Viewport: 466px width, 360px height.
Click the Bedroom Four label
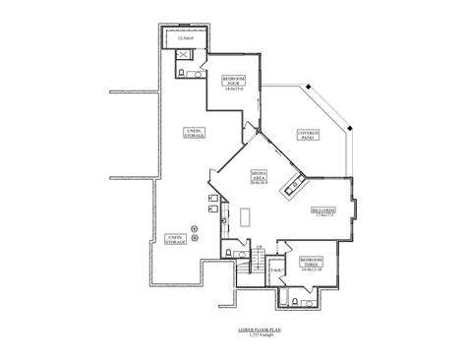point(234,82)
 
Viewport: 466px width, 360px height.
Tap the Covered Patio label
point(308,135)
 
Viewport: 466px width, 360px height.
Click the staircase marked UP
point(251,259)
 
